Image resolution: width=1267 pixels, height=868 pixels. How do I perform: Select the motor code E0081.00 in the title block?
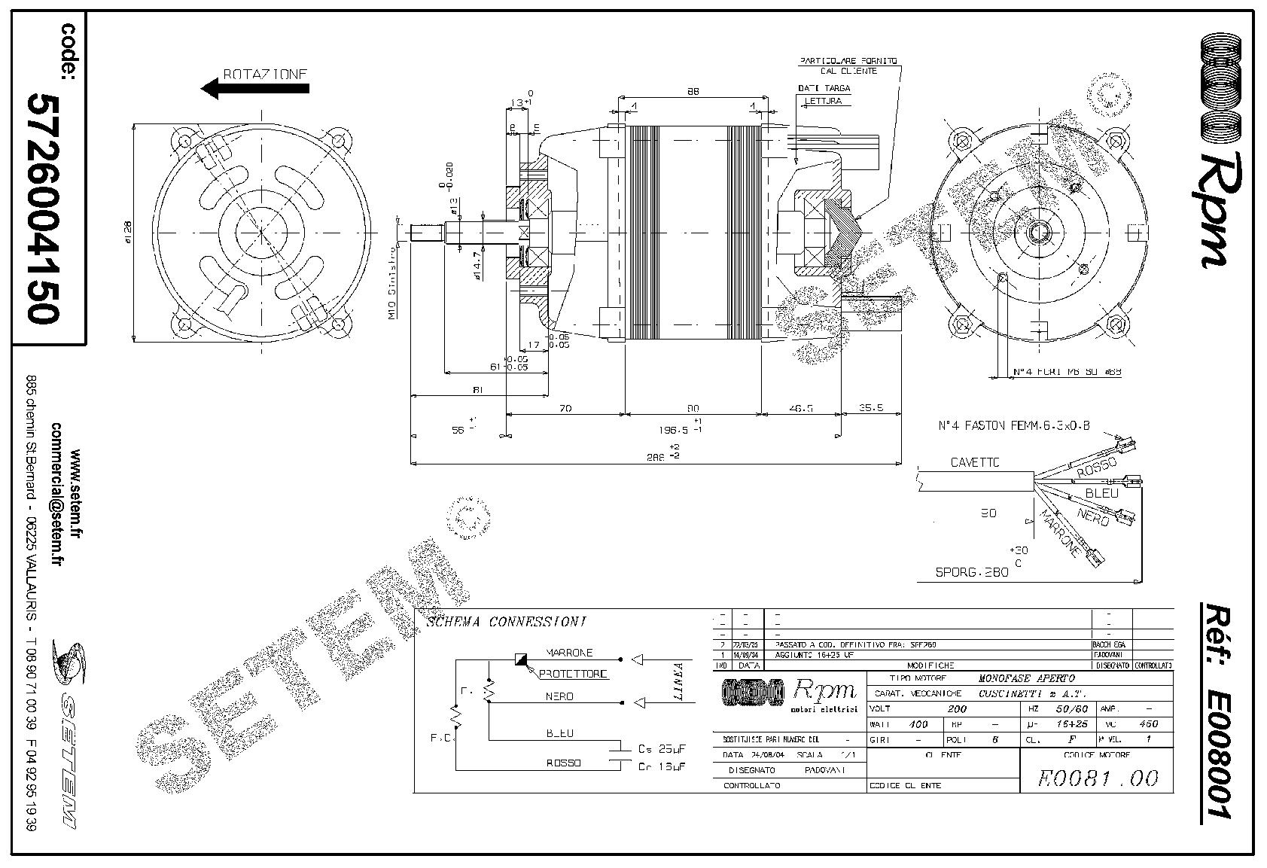(x=1097, y=778)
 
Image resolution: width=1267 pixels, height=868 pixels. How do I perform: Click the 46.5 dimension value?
(x=800, y=408)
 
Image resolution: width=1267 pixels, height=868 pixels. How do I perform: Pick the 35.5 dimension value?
(x=871, y=408)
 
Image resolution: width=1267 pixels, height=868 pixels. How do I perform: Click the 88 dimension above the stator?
(x=693, y=92)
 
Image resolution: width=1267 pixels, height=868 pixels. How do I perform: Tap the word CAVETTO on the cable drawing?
(x=975, y=462)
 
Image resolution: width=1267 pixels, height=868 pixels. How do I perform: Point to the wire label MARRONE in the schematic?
(x=569, y=653)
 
